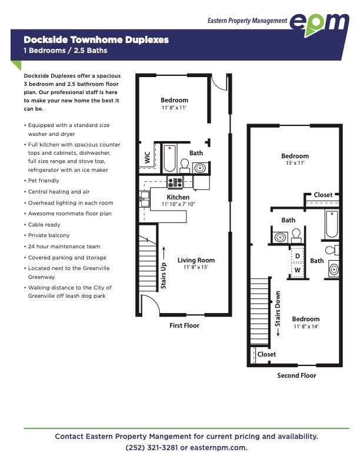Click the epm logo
(319, 24)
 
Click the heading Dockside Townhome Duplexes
(96, 39)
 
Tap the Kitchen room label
(178, 197)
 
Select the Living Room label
(196, 260)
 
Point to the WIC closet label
(147, 158)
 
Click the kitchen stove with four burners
(175, 182)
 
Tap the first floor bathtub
(169, 158)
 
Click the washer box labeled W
(297, 270)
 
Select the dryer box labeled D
(297, 255)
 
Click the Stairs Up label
(164, 275)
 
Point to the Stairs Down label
(278, 309)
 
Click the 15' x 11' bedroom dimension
(295, 163)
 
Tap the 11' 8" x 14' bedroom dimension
(306, 326)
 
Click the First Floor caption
(184, 325)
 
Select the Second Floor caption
(296, 375)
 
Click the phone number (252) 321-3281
(152, 448)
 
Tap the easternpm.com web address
(219, 448)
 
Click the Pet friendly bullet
(42, 181)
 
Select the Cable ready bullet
(42, 225)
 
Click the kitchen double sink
(145, 199)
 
